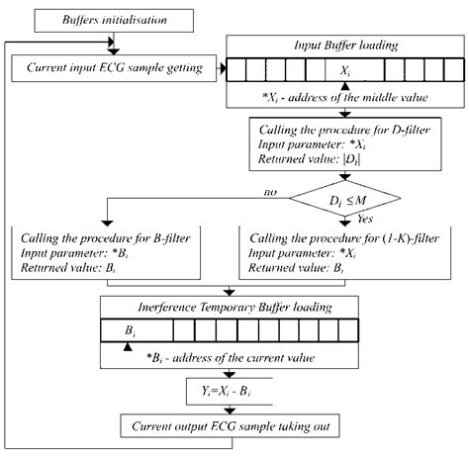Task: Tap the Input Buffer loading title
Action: (x=344, y=46)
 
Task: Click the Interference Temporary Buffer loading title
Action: (x=230, y=306)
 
